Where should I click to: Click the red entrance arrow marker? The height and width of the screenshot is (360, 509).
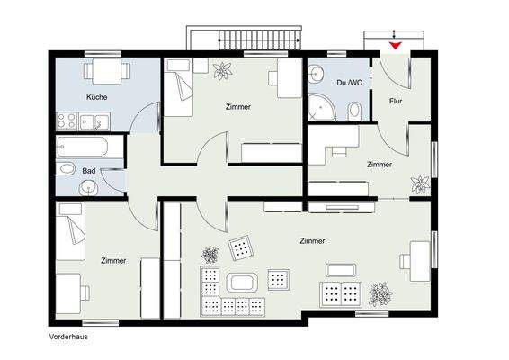point(396,46)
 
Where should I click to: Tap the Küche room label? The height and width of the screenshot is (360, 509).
point(97,97)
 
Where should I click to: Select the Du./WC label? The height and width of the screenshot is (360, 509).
point(349,83)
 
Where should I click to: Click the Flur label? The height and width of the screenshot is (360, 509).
point(396,102)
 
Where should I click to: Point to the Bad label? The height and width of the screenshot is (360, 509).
point(89,171)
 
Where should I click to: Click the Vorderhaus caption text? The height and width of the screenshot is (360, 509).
point(68,337)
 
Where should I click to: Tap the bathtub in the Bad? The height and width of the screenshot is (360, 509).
point(82,147)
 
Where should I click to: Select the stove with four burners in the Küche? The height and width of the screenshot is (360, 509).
point(67,121)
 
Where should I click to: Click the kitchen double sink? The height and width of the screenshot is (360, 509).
point(94,121)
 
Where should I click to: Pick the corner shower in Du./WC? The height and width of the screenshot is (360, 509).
point(320,106)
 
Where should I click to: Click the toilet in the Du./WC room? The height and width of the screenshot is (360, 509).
point(354,111)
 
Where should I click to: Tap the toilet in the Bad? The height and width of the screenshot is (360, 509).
point(67,169)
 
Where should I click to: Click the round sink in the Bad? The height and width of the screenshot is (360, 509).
point(88,188)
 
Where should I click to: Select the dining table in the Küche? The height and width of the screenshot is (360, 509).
point(107,71)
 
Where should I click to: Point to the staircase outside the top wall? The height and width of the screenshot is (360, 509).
point(259,40)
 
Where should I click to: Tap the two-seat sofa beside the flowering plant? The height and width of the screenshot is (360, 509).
point(341,294)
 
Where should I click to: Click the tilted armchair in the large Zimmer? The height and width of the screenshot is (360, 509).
point(240,247)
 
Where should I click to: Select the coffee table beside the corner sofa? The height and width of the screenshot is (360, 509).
point(242,283)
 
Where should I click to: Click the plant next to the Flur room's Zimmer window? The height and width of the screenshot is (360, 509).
point(420,184)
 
